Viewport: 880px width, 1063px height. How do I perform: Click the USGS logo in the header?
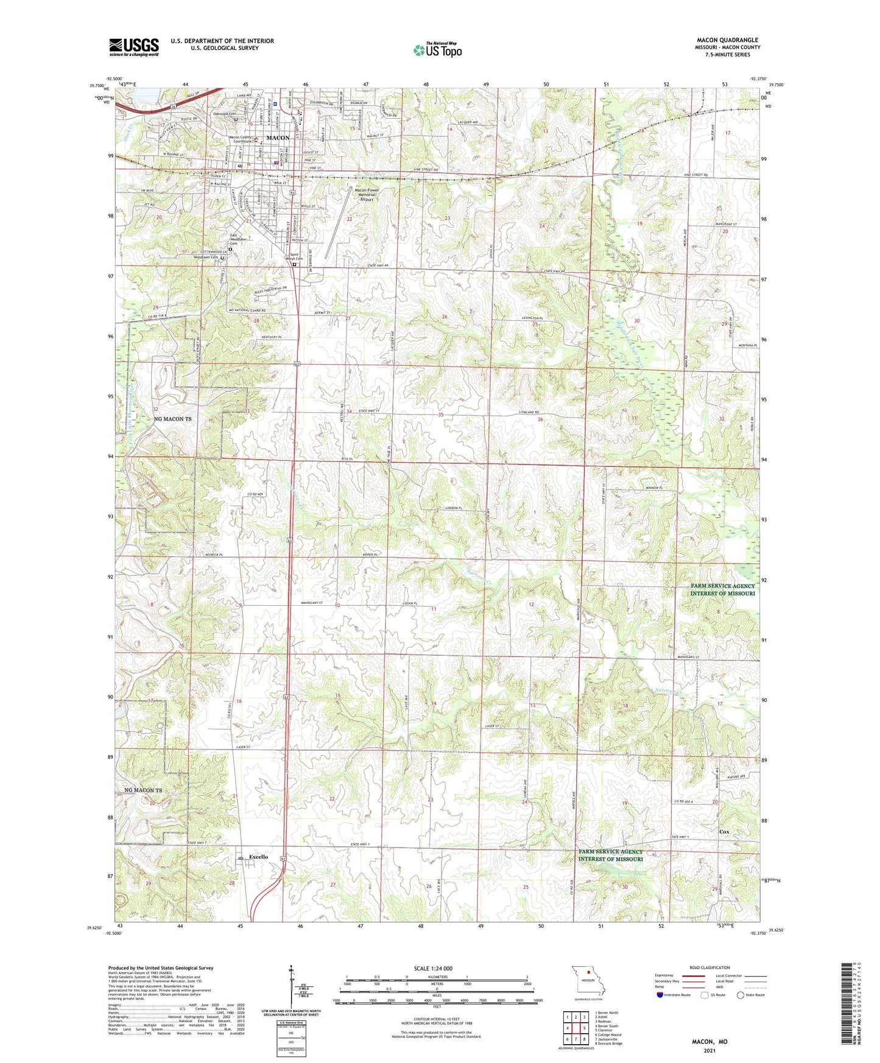pos(133,47)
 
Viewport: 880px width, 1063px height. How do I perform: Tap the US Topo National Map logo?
pos(437,50)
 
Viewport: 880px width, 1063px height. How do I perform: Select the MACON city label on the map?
pos(278,138)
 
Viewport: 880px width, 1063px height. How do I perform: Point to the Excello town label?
pos(258,857)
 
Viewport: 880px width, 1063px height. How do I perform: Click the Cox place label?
pos(723,832)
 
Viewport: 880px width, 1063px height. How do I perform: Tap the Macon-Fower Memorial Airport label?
pos(367,194)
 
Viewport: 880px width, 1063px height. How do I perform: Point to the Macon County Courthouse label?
pos(240,140)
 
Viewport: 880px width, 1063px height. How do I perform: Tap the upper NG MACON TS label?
pos(172,419)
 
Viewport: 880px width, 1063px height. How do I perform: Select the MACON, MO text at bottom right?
pos(709,1041)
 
